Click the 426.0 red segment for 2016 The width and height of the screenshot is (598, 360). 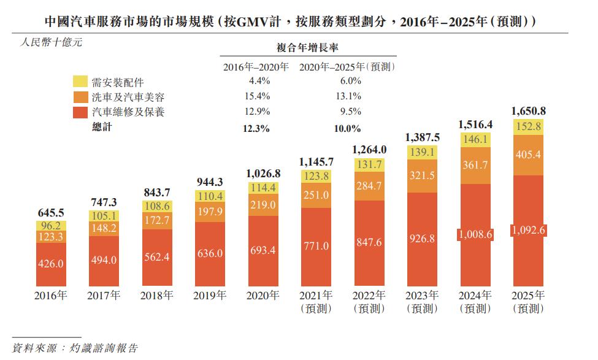(51, 262)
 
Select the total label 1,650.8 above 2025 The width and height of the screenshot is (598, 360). (528, 111)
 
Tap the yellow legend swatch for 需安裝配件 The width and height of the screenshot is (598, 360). (81, 82)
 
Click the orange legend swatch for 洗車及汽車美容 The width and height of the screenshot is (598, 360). (81, 97)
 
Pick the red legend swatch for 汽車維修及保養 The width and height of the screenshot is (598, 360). (81, 112)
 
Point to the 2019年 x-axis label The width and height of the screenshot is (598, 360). (210, 296)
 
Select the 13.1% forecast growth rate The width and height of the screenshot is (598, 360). (348, 96)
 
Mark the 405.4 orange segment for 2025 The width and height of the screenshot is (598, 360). (528, 155)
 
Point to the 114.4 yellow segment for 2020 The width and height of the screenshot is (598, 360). (263, 188)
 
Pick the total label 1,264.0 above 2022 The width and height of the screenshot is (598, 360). (369, 149)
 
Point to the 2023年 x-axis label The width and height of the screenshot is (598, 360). (422, 296)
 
